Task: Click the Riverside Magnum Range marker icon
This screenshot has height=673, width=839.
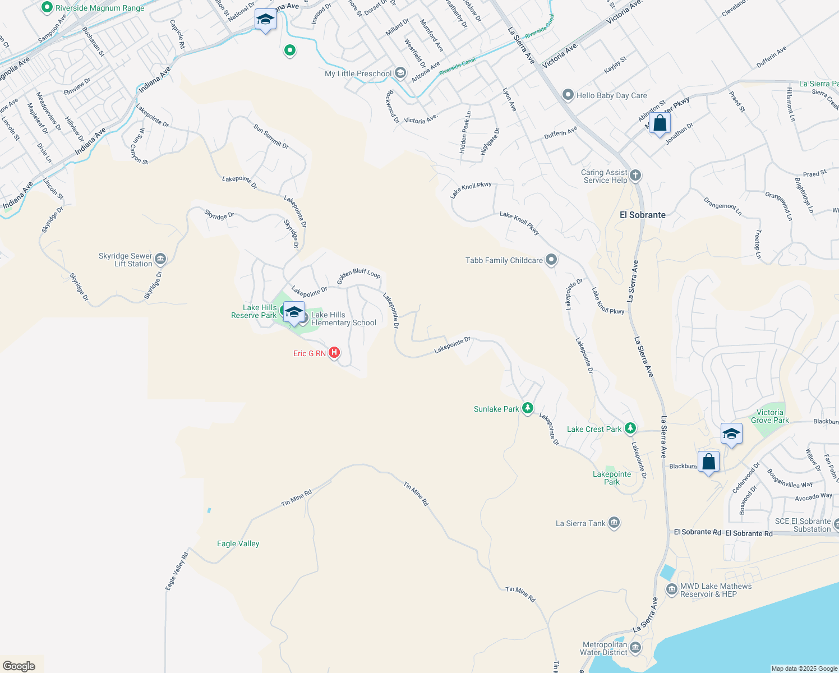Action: (47, 7)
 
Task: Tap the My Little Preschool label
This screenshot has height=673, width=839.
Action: (358, 73)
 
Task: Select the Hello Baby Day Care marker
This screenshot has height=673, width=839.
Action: (568, 95)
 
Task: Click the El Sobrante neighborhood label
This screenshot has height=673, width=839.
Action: (643, 215)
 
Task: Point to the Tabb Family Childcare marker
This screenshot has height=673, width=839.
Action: (551, 260)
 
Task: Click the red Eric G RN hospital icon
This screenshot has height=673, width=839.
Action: (334, 353)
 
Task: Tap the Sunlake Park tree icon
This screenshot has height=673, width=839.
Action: (527, 408)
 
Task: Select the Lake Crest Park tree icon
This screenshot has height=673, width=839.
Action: (630, 428)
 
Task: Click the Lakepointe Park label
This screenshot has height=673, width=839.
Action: (612, 478)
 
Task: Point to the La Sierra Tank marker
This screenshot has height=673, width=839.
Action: (614, 523)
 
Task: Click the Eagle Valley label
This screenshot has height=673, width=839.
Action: (238, 543)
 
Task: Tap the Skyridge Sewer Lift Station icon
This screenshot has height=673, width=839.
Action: (160, 259)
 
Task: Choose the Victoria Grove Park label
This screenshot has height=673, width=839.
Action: (769, 416)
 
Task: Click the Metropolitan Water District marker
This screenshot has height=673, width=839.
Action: (635, 648)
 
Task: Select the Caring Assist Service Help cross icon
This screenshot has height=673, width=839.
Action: (635, 176)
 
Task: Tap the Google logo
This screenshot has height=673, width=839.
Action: (19, 666)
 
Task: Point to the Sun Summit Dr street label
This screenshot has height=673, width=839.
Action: (271, 136)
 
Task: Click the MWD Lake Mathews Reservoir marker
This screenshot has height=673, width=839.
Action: (671, 589)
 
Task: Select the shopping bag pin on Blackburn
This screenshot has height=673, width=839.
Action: (708, 462)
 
